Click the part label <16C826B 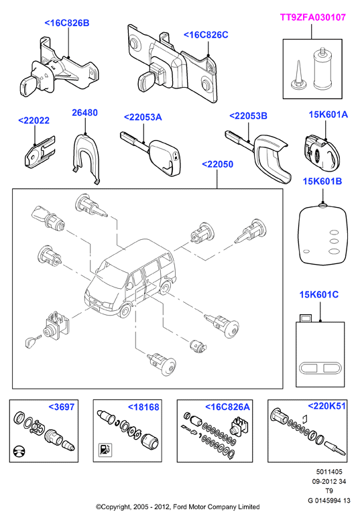(66, 23)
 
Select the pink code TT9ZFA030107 (313, 17)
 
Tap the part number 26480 (84, 113)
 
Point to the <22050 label (217, 164)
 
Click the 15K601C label (319, 294)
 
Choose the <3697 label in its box (62, 407)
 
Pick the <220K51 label (327, 405)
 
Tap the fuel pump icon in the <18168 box (105, 450)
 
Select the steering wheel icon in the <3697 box (19, 452)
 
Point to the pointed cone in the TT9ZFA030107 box (298, 75)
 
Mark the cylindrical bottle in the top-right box (322, 68)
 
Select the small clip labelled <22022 (39, 151)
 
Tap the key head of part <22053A (166, 157)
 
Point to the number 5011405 (328, 472)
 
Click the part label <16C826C (206, 35)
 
